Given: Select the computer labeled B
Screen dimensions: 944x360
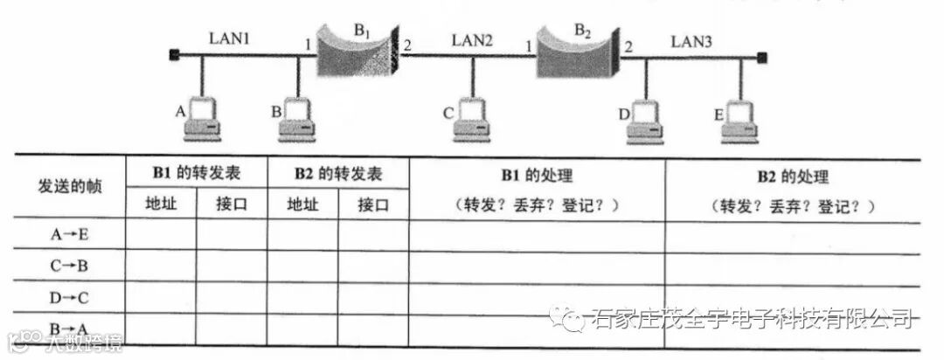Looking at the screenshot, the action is pos(297,120).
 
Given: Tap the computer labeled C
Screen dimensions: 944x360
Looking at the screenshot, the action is pos(472,120).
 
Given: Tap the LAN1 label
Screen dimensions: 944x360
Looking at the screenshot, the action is pos(229,39).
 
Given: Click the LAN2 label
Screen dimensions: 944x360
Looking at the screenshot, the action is pos(472,39).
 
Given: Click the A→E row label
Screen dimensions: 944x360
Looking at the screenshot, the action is pos(70,234).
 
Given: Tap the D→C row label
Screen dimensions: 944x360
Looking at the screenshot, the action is pos(70,297).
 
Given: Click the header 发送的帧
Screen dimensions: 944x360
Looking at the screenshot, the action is pos(70,188).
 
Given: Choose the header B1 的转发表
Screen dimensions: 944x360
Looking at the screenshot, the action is pos(196,173).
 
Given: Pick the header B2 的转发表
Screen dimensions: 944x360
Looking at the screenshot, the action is pos(337,173).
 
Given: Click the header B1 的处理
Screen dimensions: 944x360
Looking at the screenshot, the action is pos(536,176).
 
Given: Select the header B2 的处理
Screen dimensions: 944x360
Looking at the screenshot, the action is pos(792,176).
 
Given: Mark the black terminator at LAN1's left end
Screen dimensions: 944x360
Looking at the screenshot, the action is pos(174,56).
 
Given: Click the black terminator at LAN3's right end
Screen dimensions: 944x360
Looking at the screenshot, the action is pos(762,58).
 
